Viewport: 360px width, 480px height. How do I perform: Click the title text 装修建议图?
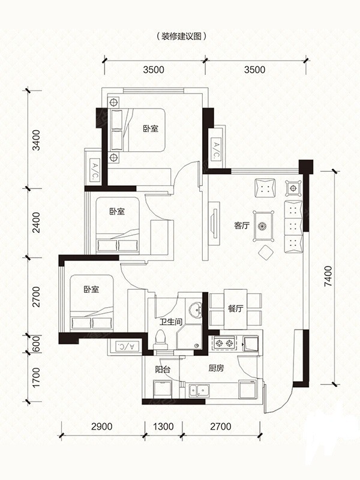pos(181,37)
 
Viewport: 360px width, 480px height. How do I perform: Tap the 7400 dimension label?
pos(328,276)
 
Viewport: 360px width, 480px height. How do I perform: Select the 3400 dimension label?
pos(36,140)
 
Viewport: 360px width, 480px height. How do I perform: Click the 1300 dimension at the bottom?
pos(163,426)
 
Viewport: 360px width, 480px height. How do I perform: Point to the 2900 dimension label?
pos(101,426)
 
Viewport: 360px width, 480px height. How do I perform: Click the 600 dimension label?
pos(36,344)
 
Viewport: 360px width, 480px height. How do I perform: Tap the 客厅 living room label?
pos(242,226)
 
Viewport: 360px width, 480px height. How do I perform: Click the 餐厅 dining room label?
pos(235,308)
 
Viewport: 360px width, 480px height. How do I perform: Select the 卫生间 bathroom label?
pos(171,322)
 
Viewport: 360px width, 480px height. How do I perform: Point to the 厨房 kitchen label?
pos(216,368)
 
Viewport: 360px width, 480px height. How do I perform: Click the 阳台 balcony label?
pos(162,369)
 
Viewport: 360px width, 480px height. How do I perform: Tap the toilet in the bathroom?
pos(161,340)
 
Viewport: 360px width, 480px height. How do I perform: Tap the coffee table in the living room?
pos(263,226)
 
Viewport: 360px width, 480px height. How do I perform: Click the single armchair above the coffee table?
pos(265,188)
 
